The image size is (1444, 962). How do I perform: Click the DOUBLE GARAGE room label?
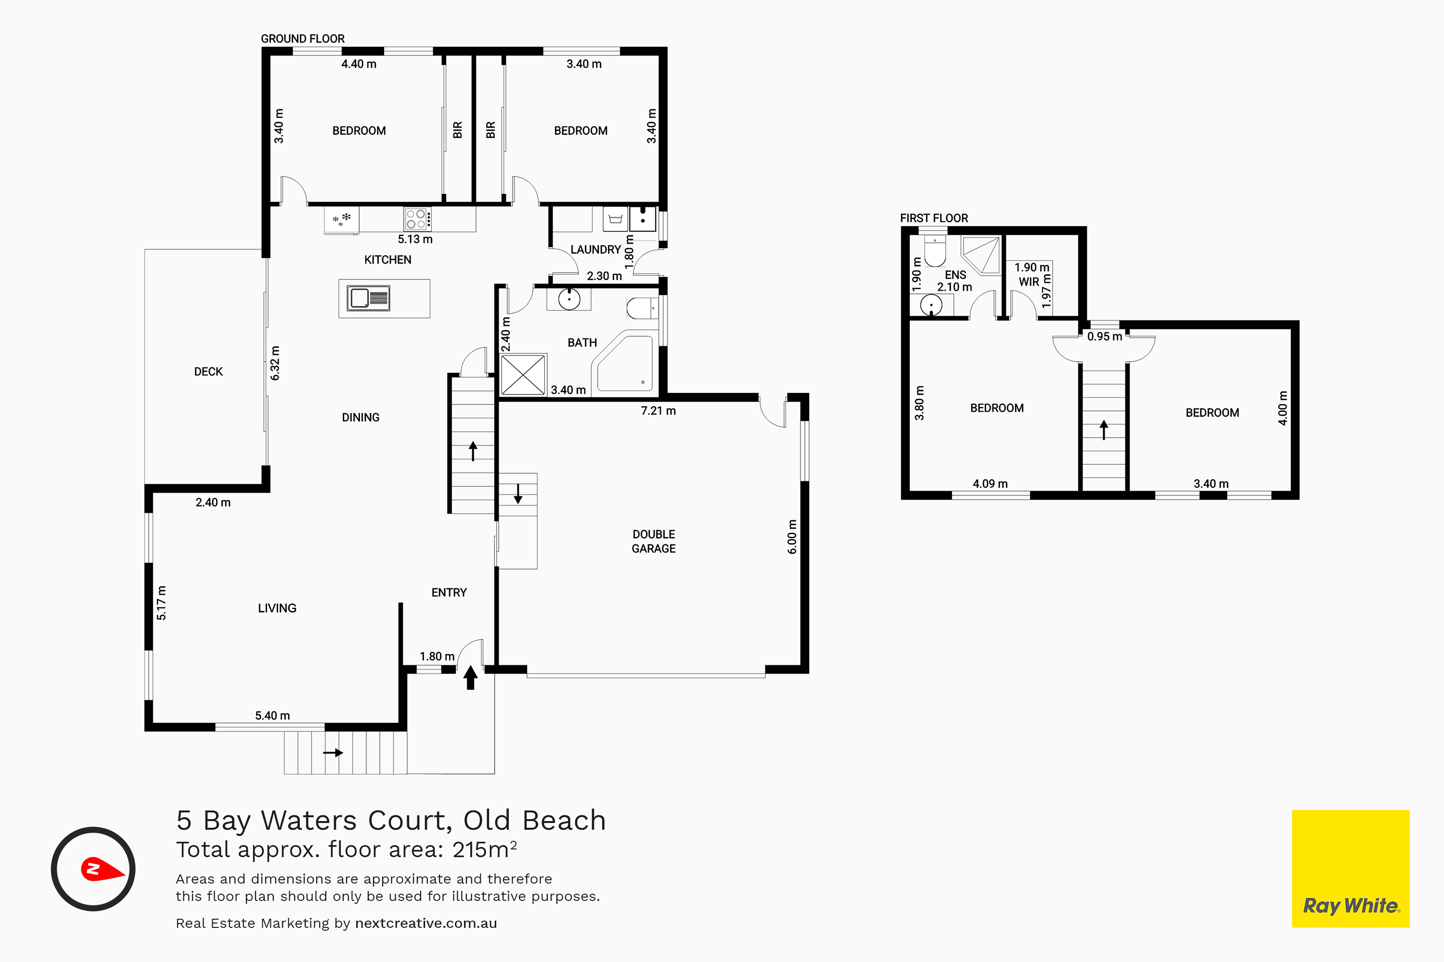653,541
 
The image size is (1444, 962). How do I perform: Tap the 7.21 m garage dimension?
658,410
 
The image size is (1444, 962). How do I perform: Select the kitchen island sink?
368,298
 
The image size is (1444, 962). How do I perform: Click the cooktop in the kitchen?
417,219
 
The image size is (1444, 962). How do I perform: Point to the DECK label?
208,371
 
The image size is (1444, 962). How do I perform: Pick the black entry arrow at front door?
470,677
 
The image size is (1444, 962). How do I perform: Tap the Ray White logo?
1351,869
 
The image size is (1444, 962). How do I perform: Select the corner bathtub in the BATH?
625,363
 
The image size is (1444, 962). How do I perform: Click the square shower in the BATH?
523,374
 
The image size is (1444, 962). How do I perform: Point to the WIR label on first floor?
1029,281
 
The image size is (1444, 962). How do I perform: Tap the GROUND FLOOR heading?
303,38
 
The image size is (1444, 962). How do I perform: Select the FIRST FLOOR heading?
934,218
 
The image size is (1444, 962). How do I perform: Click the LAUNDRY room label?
595,249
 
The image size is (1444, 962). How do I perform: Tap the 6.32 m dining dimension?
275,363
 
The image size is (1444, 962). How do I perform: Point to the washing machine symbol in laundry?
615,219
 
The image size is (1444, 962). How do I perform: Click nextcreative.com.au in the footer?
426,924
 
